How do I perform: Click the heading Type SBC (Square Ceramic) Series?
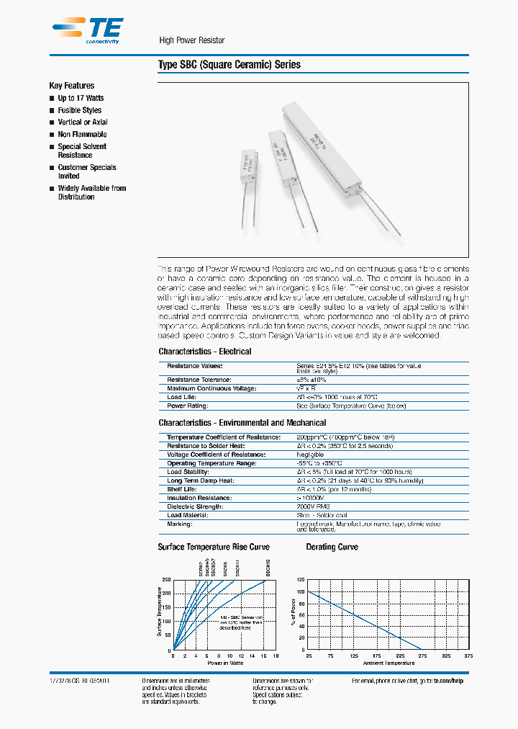tap(229, 65)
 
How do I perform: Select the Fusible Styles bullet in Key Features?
tap(79, 110)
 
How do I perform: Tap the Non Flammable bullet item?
tap(82, 134)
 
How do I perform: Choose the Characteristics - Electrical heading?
tap(205, 352)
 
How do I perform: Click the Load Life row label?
tap(182, 397)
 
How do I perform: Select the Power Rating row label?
tap(188, 406)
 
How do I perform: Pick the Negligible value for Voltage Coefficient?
tap(310, 455)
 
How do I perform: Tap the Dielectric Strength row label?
tap(195, 506)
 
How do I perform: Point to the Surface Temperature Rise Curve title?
tap(214, 547)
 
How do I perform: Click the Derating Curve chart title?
tap(332, 547)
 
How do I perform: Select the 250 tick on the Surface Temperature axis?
tap(166, 580)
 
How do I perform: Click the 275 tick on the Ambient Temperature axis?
tap(422, 656)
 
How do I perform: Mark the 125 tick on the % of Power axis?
tap(301, 580)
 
